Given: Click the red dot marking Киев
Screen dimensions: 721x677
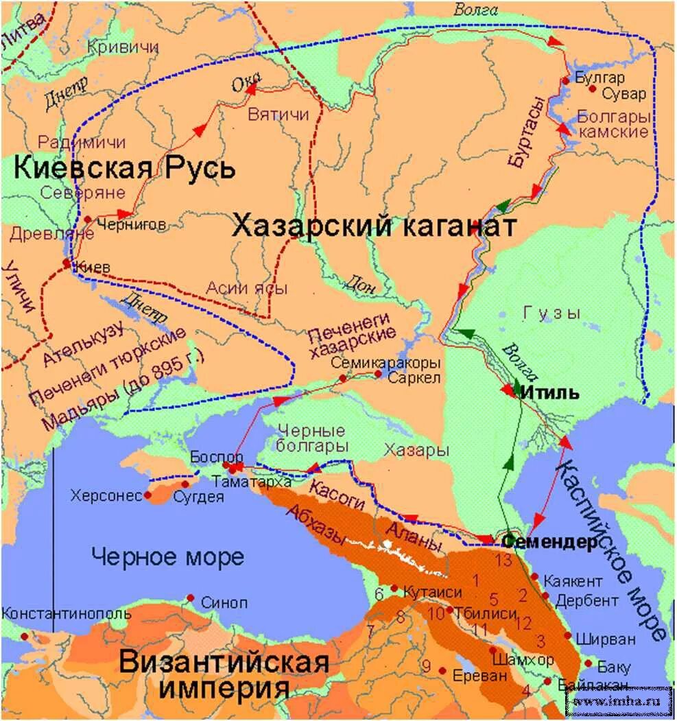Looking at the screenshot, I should (x=67, y=263).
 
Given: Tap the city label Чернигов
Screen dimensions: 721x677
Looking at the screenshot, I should (x=131, y=224).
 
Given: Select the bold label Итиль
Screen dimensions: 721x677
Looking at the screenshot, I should (x=549, y=394).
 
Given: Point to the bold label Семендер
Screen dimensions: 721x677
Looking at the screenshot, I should (x=550, y=542).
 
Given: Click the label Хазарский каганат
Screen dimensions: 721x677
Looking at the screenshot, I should (x=373, y=226).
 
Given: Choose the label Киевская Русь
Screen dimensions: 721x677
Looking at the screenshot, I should (x=124, y=167).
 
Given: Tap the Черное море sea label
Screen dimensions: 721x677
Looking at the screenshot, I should (x=168, y=556).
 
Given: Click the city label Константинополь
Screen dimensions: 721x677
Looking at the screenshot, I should (x=66, y=613).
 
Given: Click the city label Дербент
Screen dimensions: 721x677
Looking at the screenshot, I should (x=586, y=601).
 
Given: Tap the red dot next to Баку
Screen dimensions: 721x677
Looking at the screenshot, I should (x=588, y=663).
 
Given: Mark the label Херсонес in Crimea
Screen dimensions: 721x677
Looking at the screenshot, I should (x=105, y=495).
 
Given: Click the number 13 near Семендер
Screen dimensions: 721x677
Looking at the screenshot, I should (x=504, y=560).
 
